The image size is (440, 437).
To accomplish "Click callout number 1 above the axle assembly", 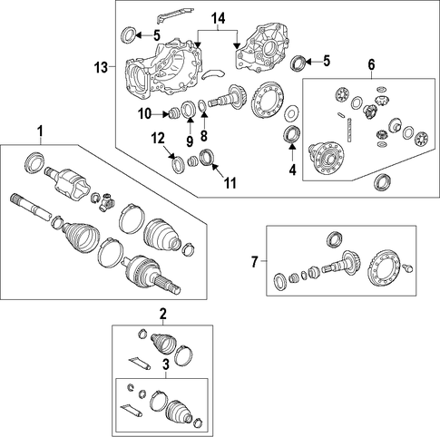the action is (40, 131).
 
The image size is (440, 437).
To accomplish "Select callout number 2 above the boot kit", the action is (163, 314).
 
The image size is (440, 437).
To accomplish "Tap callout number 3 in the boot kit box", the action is (166, 364).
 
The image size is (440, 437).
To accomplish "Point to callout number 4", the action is (292, 170).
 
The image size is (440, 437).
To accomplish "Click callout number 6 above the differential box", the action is (371, 64).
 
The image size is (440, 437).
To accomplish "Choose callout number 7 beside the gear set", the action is (255, 261).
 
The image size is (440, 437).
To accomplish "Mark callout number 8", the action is (204, 136).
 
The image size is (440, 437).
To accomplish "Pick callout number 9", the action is (190, 141).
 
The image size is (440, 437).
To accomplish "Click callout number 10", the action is (144, 114).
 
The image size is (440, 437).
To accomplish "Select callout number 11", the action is (230, 183).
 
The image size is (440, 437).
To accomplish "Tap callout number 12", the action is (158, 138).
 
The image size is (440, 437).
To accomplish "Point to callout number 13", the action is (101, 67).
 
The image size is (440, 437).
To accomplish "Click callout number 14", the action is (218, 18).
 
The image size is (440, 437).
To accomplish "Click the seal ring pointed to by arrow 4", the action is (292, 133).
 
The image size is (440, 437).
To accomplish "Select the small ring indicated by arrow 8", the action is (202, 106).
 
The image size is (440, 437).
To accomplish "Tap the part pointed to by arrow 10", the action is (173, 113).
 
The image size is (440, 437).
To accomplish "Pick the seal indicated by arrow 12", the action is (178, 164).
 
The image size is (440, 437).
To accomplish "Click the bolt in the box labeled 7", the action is (407, 268).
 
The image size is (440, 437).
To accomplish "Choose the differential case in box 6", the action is (327, 158).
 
